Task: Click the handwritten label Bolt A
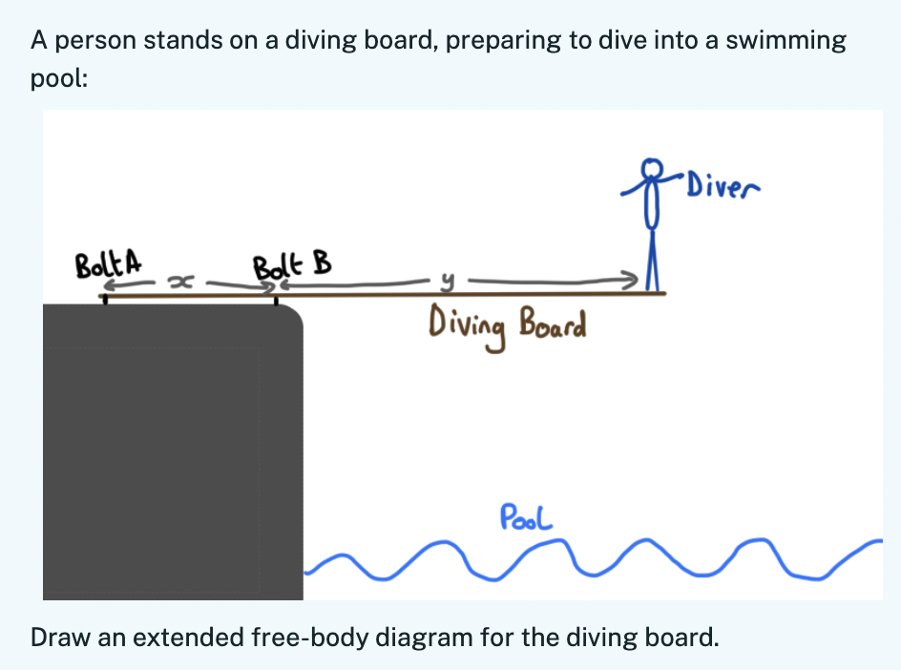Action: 108,261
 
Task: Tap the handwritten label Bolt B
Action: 292,262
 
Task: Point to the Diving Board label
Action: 507,324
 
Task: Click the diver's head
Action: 652,169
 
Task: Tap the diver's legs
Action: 654,266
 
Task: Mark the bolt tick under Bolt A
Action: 105,300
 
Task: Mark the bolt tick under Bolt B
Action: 277,301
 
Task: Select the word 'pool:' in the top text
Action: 59,78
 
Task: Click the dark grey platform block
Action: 172,449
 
